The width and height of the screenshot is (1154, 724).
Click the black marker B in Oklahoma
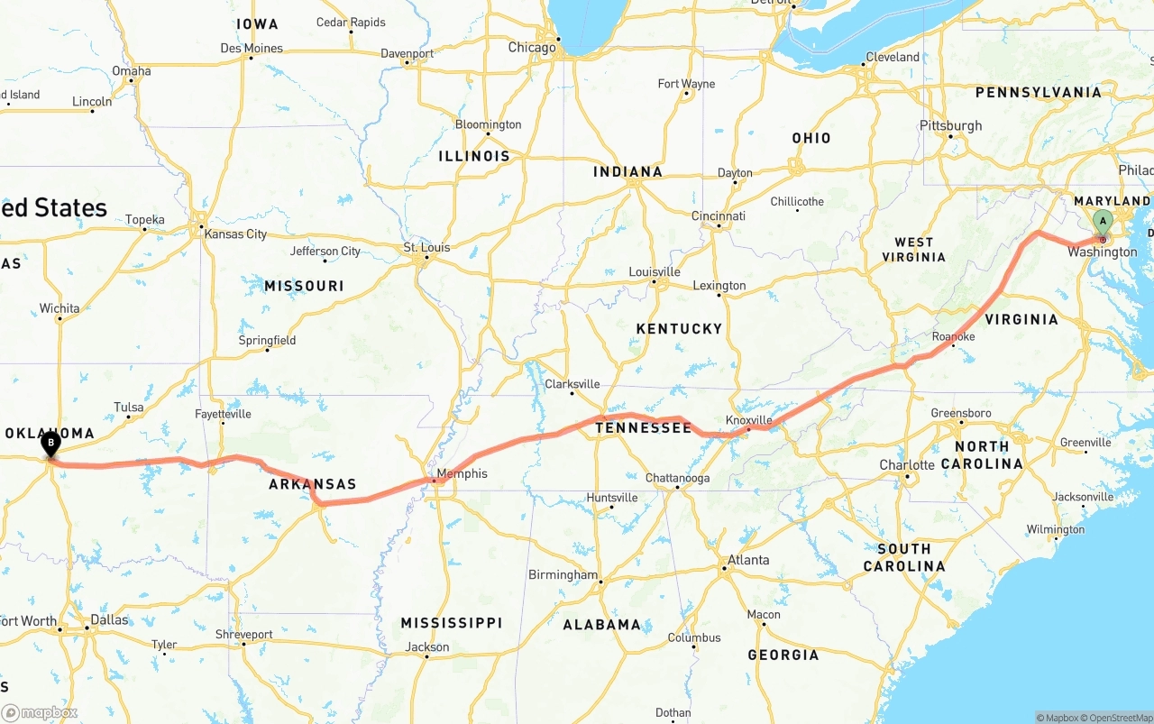click(x=51, y=443)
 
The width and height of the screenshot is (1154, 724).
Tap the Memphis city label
click(x=462, y=473)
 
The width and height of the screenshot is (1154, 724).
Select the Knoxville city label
click(x=749, y=420)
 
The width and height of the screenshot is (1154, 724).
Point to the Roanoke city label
click(x=953, y=336)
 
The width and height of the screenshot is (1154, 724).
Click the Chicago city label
click(x=532, y=48)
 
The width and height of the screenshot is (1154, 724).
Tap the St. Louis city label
click(x=426, y=247)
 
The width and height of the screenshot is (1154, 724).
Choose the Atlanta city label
click(x=748, y=560)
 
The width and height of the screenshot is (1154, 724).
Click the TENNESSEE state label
click(x=643, y=427)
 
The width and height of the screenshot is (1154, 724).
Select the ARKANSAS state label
click(x=313, y=484)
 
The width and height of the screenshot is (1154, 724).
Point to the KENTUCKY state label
click(x=679, y=329)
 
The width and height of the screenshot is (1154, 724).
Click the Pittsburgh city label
click(x=950, y=125)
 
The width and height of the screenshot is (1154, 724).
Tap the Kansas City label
click(x=235, y=234)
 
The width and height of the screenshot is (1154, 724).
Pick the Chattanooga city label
click(x=677, y=478)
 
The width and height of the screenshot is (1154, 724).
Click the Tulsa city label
click(x=128, y=408)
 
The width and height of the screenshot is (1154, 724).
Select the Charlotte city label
click(x=907, y=465)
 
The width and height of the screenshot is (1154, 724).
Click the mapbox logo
click(x=40, y=712)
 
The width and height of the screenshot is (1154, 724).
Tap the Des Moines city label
click(x=252, y=49)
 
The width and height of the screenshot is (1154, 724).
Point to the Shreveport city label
click(x=243, y=635)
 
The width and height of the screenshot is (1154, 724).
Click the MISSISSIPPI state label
click(x=451, y=623)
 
